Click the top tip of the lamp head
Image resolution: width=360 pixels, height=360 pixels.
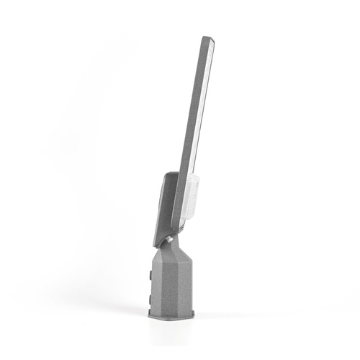(207, 38)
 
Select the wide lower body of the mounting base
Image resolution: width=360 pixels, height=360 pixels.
(173, 284)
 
